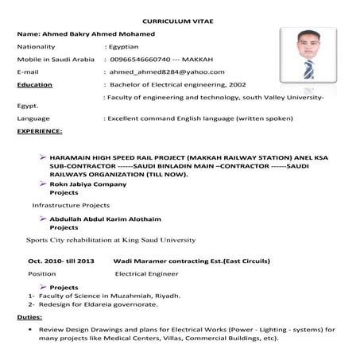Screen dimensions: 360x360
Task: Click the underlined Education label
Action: click(x=35, y=83)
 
